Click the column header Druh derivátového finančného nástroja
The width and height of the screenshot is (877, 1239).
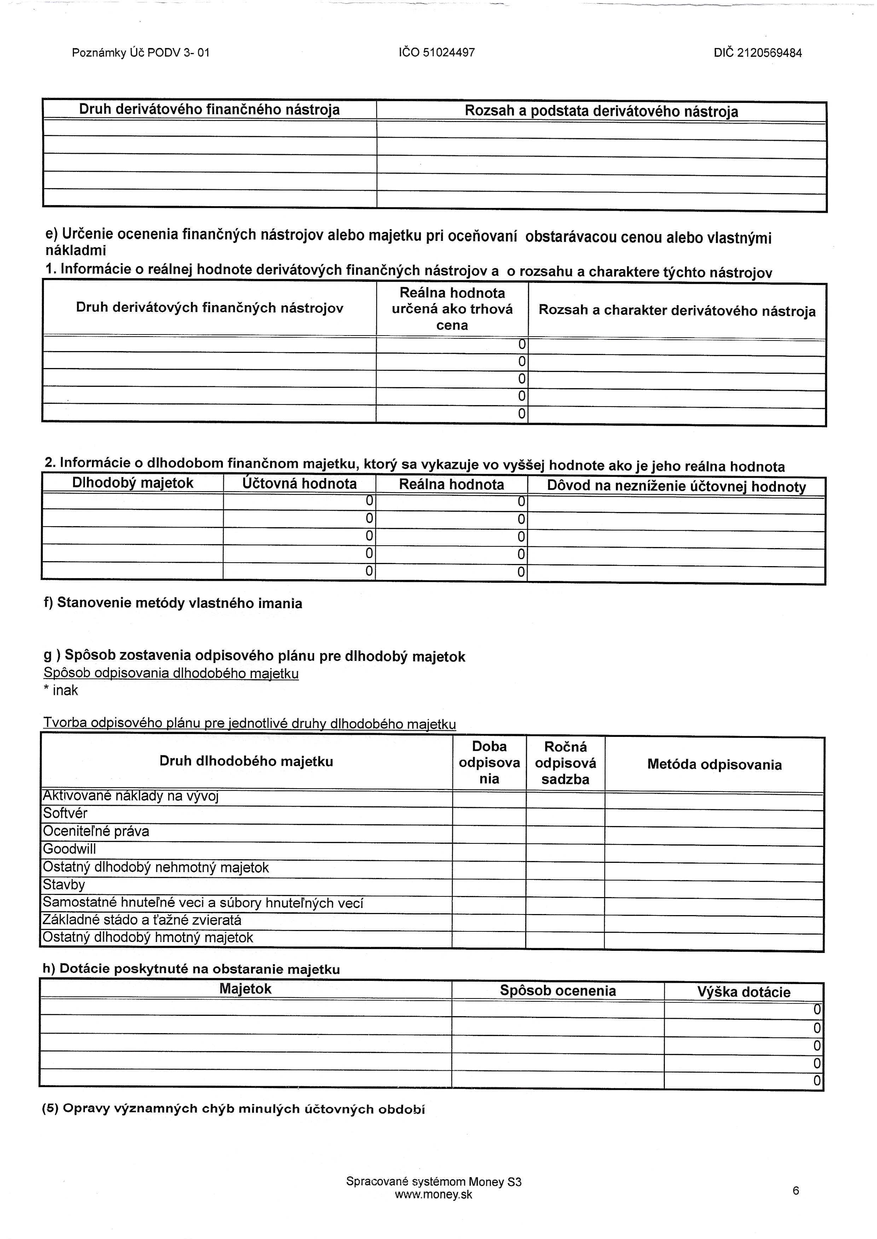[210, 110]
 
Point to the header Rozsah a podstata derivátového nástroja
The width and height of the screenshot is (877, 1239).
[601, 112]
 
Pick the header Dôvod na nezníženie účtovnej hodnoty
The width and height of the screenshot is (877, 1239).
[676, 487]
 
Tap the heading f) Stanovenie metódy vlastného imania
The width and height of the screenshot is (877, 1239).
[173, 603]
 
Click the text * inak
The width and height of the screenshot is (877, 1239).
[61, 691]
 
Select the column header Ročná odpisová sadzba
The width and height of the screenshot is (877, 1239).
[565, 763]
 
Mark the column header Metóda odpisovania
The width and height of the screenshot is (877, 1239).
[714, 764]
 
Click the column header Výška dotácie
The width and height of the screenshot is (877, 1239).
[743, 992]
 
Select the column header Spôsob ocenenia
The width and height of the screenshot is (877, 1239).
[557, 991]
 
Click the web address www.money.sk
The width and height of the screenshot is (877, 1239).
[433, 1195]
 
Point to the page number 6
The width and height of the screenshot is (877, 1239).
[795, 1191]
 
